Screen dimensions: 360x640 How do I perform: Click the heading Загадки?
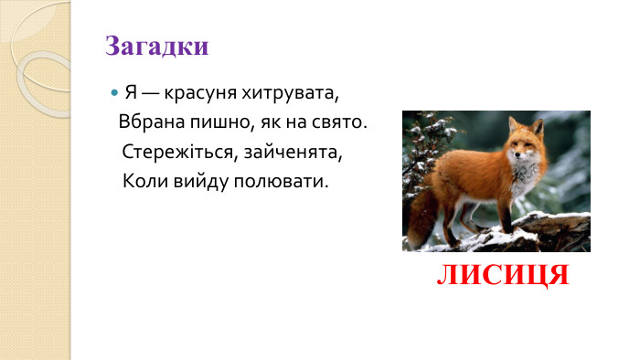pyautogui.click(x=157, y=47)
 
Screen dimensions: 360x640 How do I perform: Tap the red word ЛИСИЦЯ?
pyautogui.click(x=503, y=275)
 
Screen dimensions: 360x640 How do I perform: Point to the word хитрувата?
pyautogui.click(x=294, y=94)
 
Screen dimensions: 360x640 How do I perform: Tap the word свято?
pyautogui.click(x=339, y=122)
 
